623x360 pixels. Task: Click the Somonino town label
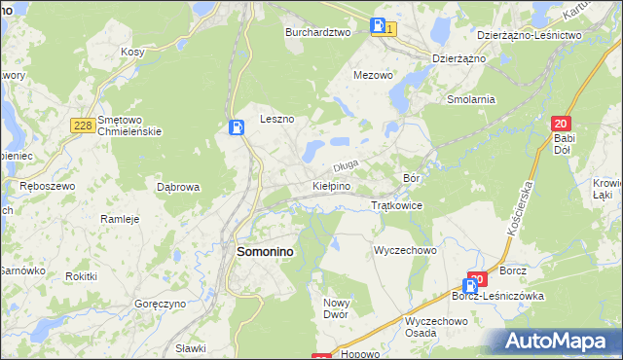[266, 251]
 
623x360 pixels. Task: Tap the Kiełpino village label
[331, 185]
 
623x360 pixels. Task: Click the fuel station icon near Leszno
[236, 127]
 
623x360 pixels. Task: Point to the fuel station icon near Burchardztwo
[379, 27]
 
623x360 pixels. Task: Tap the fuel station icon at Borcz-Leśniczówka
[470, 286]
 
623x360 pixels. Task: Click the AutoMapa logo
[557, 342]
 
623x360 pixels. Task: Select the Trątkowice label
[396, 206]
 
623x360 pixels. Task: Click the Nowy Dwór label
[342, 308]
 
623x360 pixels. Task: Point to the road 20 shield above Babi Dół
[560, 124]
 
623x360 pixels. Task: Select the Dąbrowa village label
[178, 187]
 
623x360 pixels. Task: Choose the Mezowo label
[373, 74]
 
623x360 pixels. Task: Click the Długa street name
[348, 166]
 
